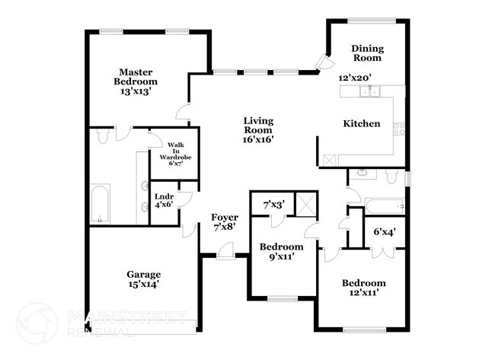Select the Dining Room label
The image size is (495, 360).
[367, 53]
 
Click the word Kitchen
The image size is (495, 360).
[361, 123]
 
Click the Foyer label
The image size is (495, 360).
[225, 222]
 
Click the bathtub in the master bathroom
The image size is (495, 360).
[100, 203]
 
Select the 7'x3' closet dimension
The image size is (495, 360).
[273, 204]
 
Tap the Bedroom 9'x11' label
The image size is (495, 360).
[281, 252]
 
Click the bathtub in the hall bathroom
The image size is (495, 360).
[385, 205]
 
